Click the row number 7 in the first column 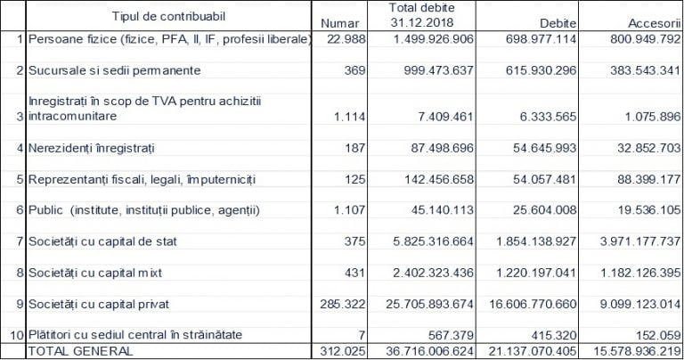pos(20,241)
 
